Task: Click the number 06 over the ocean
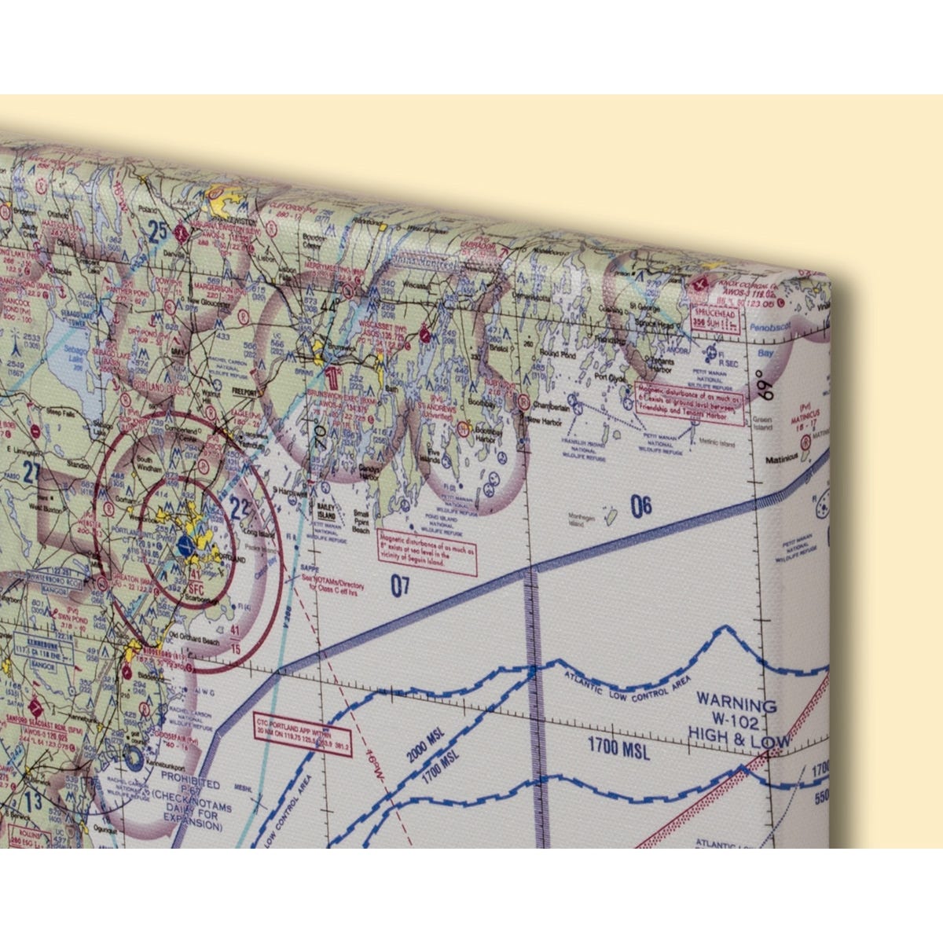tap(641, 507)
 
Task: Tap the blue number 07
tap(400, 585)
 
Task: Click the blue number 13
tap(33, 802)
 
